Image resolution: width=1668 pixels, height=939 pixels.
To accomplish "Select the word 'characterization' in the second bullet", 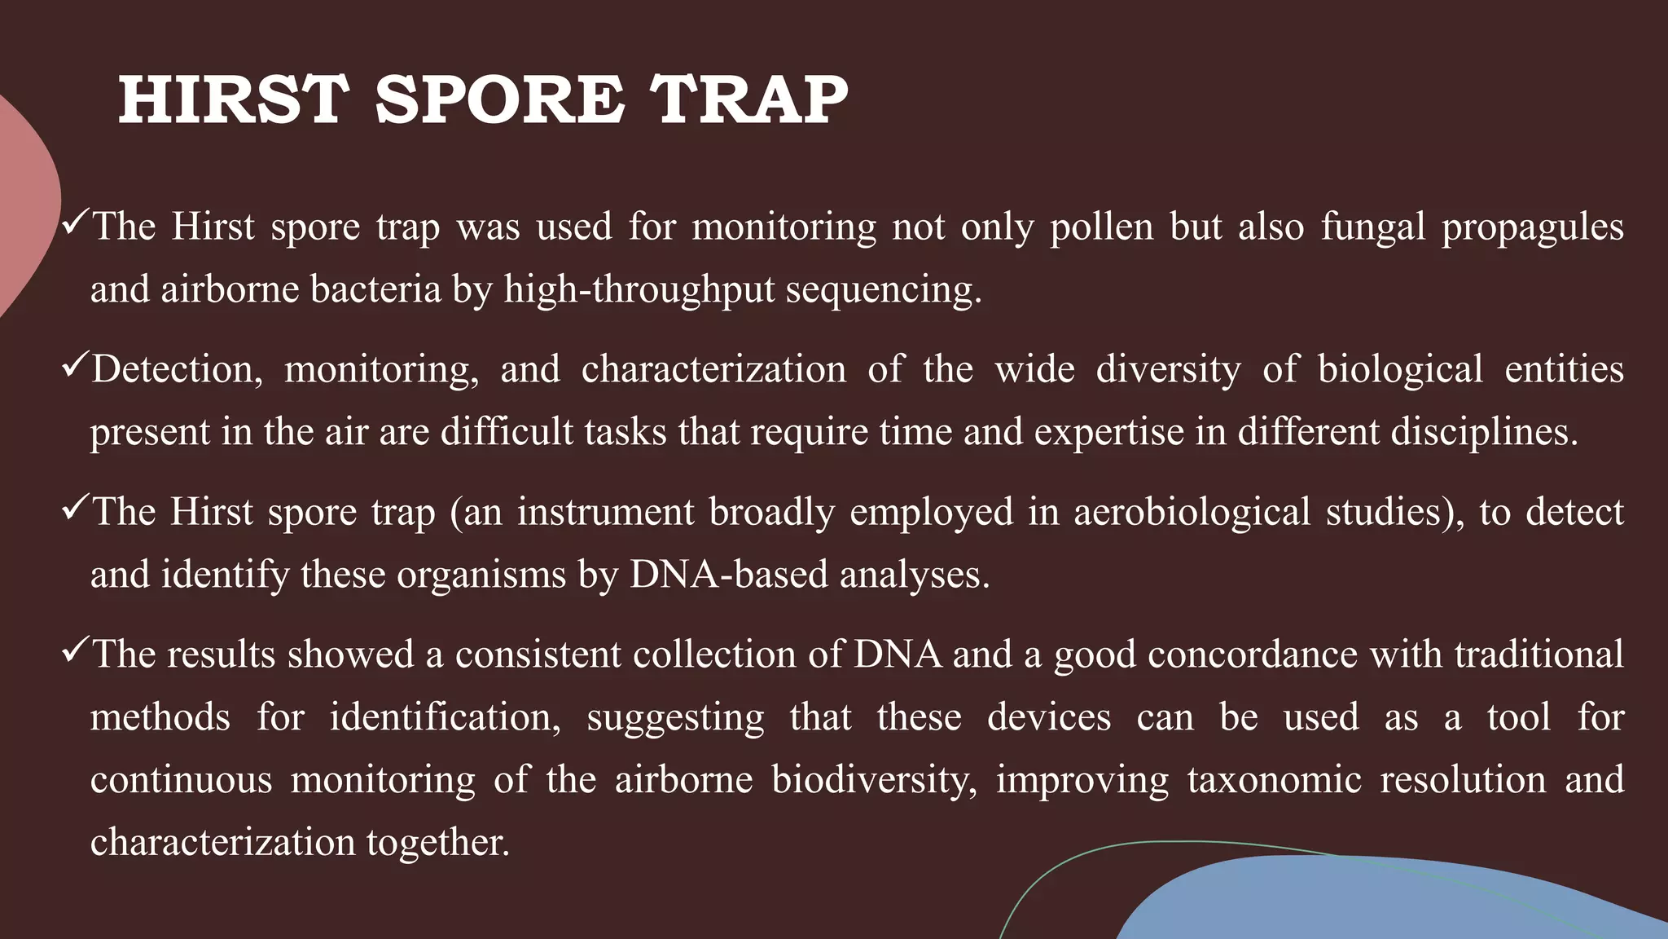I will [x=713, y=369].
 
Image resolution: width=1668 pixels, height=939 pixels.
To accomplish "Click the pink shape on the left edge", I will [x=24, y=204].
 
